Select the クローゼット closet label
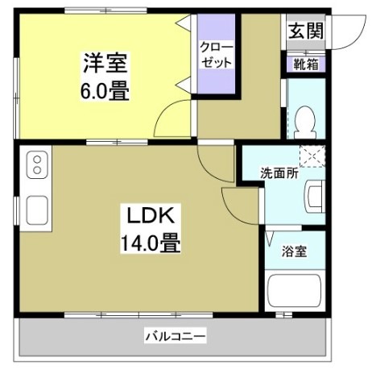217,55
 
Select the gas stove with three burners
36,166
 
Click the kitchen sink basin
36,210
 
